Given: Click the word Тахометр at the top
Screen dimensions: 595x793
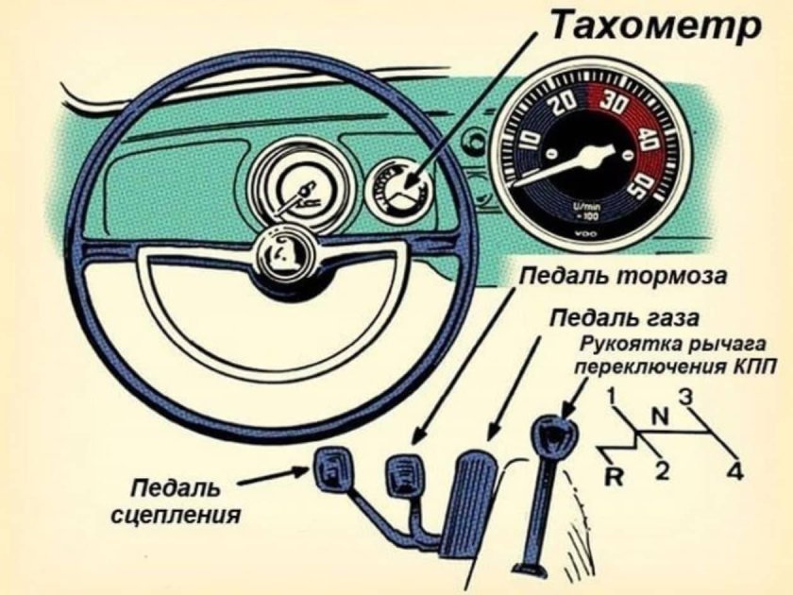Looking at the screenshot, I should (654, 25).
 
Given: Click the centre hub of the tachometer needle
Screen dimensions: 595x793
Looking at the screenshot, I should (595, 152).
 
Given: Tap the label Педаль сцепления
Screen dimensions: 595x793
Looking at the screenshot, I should (174, 501).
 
